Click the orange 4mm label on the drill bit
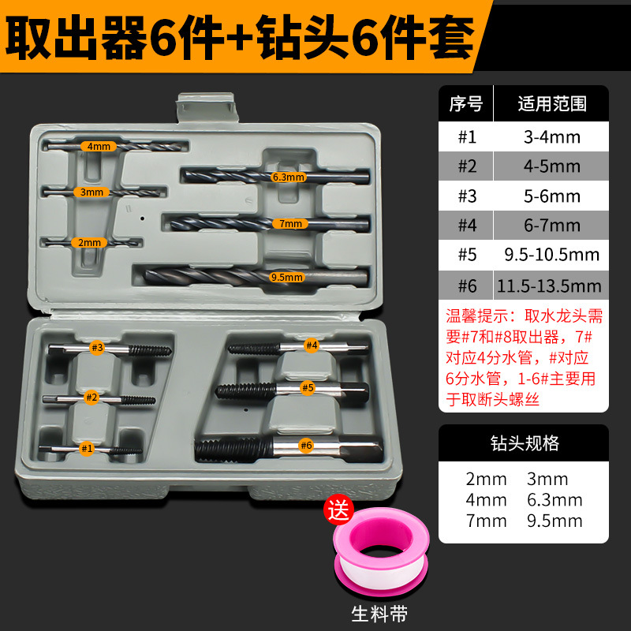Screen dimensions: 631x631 coord(100,146)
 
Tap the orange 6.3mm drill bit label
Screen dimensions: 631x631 coord(288,177)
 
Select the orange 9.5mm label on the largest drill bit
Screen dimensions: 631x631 coord(287,277)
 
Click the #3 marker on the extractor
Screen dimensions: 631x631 coord(97,348)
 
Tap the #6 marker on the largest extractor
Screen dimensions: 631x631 coord(306,446)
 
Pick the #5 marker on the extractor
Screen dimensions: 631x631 coord(308,387)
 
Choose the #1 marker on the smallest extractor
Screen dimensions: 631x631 coord(87,448)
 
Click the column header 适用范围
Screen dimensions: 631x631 coord(551,104)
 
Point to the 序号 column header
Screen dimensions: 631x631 coord(465,104)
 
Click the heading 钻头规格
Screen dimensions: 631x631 coord(524,442)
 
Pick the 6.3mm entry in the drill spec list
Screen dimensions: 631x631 coord(554,499)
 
